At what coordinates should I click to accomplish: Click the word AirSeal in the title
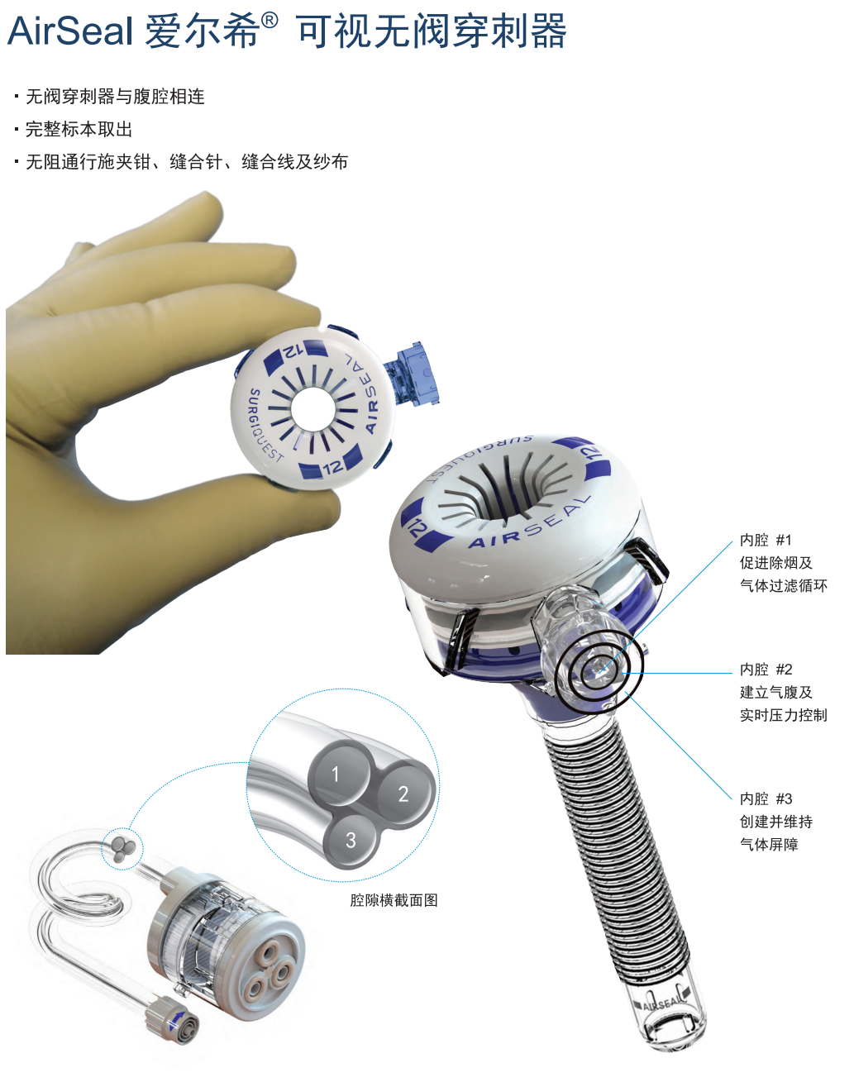(70, 31)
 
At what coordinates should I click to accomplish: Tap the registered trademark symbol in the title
(270, 21)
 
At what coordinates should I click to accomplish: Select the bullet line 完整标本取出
(79, 129)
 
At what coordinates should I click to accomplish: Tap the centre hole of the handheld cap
(312, 408)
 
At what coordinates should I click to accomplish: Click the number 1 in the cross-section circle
(336, 775)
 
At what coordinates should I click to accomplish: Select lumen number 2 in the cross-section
(404, 794)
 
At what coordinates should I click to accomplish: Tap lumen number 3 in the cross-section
(351, 840)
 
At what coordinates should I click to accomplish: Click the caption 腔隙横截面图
(394, 900)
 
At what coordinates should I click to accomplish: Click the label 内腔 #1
(766, 540)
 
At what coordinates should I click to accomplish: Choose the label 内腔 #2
(766, 670)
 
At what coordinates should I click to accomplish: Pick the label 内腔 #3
(766, 798)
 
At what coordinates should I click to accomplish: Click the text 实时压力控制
(783, 715)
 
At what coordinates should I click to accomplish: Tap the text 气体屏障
(769, 844)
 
